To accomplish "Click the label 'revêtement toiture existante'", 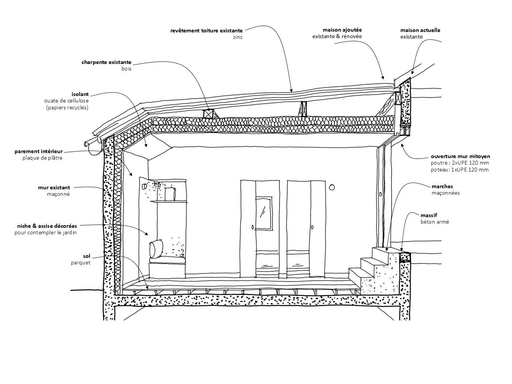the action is tap(206, 30).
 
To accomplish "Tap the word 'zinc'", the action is tap(238, 37).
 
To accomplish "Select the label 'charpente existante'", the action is tap(106, 62).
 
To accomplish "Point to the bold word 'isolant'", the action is tap(80, 94).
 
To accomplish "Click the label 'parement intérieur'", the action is tap(38, 152).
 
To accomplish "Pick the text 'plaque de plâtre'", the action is tap(42, 158).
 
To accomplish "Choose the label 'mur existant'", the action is tap(54, 188).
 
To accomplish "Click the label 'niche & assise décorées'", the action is tap(47, 226).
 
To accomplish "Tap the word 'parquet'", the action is tap(80, 263).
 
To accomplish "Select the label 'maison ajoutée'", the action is tap(342, 30).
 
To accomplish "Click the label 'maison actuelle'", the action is tap(420, 30).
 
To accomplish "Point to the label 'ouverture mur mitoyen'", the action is tap(460, 156).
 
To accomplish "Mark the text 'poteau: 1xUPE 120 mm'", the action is tap(459, 170).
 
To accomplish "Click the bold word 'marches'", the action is tap(442, 186).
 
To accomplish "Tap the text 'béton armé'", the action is tap(435, 222).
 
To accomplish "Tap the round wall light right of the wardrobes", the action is tap(332, 187).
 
